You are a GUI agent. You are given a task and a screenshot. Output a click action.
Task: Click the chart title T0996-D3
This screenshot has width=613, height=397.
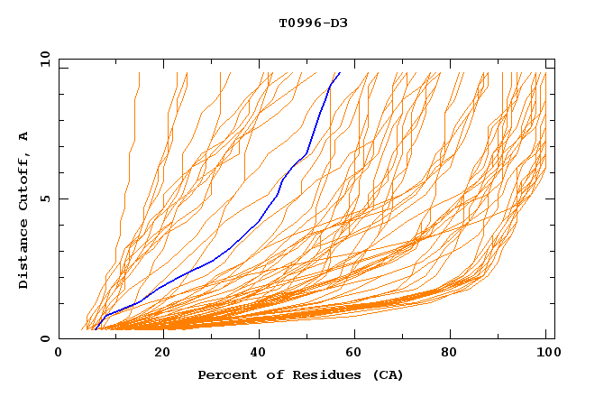click(x=313, y=23)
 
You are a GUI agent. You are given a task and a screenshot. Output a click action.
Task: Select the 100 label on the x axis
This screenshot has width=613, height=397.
click(x=546, y=353)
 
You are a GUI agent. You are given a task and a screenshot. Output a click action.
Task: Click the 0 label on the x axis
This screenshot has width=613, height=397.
click(x=59, y=353)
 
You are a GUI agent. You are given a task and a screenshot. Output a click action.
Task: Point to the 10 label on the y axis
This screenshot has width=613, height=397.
click(x=42, y=59)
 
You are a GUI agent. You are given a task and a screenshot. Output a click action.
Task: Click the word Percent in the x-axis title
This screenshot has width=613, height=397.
click(x=223, y=374)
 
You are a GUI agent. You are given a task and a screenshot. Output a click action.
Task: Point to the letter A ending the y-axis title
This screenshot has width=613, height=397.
click(x=23, y=136)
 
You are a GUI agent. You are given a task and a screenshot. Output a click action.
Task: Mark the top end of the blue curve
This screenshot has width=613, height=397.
click(x=339, y=73)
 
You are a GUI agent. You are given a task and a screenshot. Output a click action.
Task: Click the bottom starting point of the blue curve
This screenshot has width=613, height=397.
click(x=94, y=329)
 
